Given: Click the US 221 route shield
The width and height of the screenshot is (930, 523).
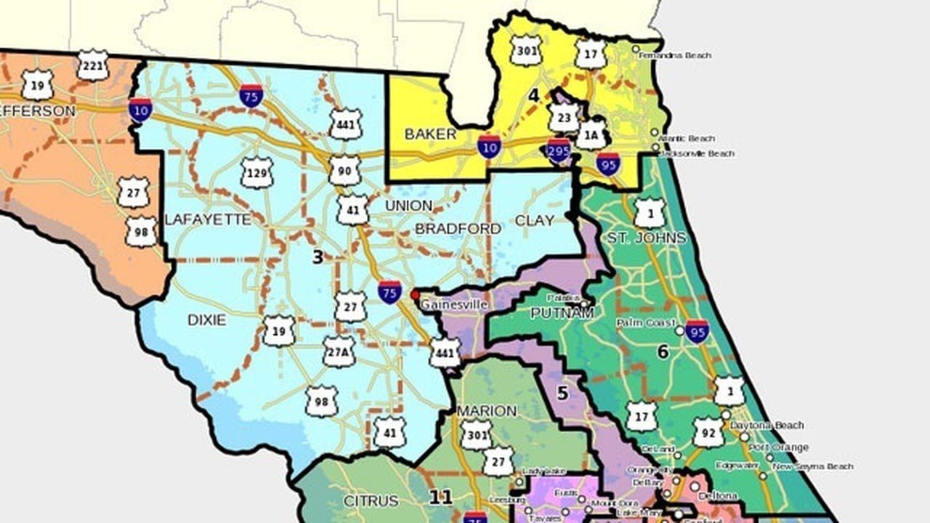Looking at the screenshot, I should (x=92, y=65).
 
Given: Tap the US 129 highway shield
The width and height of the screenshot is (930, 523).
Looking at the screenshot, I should (x=256, y=173).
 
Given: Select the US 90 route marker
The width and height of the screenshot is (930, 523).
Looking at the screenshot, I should (x=344, y=170).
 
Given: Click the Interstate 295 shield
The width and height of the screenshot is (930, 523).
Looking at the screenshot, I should (x=559, y=151).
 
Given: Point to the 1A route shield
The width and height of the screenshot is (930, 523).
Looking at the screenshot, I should (x=591, y=135).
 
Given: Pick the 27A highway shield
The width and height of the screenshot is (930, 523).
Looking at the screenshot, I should (x=339, y=352).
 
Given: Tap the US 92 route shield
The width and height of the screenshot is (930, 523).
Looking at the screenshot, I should (x=708, y=431).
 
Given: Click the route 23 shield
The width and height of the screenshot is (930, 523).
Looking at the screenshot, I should (x=564, y=117).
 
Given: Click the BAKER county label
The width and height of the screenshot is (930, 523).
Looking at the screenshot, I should (x=430, y=134).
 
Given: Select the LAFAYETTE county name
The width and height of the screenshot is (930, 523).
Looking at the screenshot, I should (x=208, y=219).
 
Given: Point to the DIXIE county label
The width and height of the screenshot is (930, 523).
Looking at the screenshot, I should (x=206, y=320).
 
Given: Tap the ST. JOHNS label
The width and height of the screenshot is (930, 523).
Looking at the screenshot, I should (x=647, y=238).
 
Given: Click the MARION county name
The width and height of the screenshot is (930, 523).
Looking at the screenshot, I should (x=487, y=411).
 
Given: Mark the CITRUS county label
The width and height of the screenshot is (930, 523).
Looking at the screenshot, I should (x=371, y=501).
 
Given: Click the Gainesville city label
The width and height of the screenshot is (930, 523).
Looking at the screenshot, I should (x=453, y=305).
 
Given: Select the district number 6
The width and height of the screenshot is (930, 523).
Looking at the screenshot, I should (x=662, y=352).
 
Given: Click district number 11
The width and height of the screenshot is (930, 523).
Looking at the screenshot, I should (x=440, y=498).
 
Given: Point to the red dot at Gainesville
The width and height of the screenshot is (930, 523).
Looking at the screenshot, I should (x=415, y=295).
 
